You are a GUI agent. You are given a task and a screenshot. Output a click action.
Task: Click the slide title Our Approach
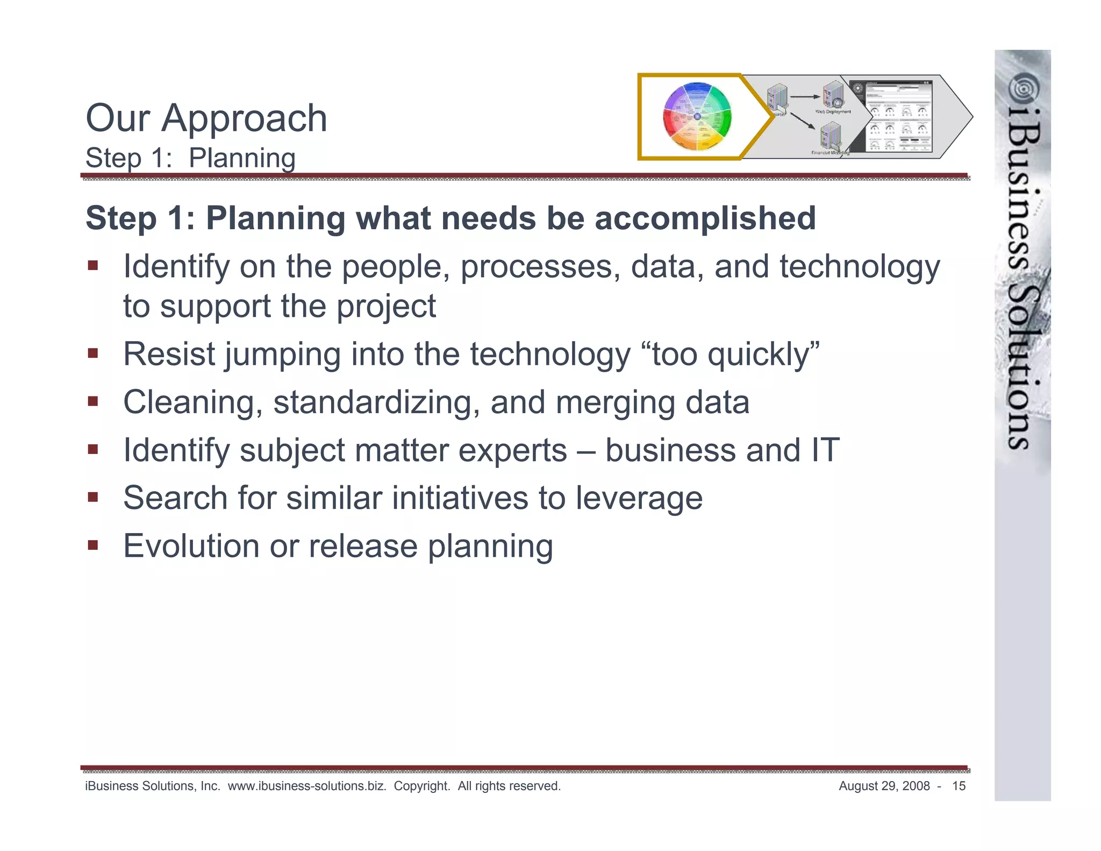tap(206, 118)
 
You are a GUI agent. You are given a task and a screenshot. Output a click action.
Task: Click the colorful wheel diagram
tap(697, 117)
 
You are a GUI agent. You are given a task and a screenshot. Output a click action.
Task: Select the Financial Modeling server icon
tap(831, 136)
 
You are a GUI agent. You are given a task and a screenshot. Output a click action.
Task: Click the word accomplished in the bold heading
tap(705, 218)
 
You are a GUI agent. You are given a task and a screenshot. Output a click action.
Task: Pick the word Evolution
tap(191, 546)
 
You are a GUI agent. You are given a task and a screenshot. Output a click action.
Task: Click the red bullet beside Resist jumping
tap(93, 353)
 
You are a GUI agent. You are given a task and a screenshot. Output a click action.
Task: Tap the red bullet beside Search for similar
tap(93, 497)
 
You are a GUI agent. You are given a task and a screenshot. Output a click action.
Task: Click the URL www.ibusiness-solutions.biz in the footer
tap(307, 786)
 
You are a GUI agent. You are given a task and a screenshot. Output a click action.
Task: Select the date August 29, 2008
tap(884, 786)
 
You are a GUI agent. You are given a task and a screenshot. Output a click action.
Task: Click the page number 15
tap(959, 786)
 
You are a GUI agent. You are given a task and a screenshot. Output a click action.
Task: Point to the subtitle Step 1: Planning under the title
tap(190, 158)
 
